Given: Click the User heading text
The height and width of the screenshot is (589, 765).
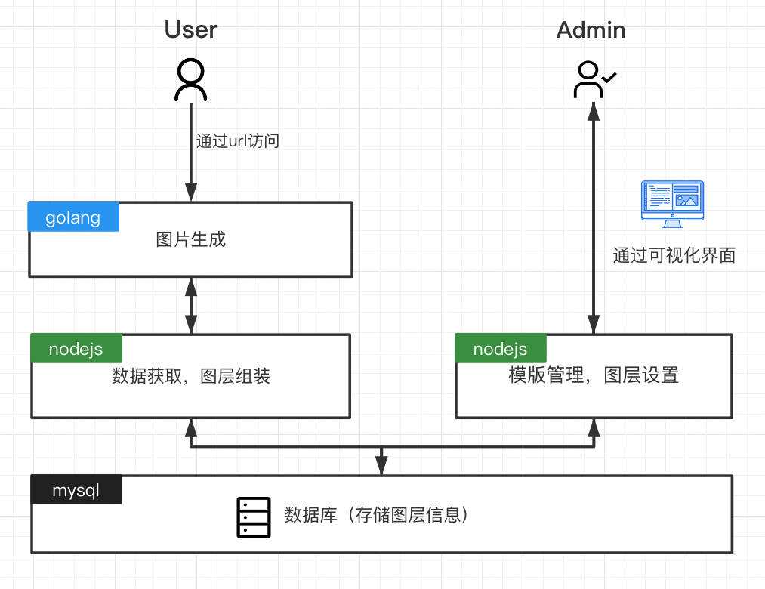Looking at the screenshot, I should click(x=191, y=29).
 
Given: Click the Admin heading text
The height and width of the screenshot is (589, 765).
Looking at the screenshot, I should click(x=591, y=29).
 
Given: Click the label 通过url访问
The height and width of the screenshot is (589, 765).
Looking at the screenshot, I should click(x=238, y=140).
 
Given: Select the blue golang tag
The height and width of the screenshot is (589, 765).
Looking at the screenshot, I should click(x=73, y=217).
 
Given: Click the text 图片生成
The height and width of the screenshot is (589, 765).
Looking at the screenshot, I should click(x=191, y=240).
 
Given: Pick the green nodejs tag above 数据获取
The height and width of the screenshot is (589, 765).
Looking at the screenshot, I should click(x=76, y=349).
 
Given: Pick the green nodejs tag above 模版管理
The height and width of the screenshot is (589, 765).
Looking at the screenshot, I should click(x=500, y=349).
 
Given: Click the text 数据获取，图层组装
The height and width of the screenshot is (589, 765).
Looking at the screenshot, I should click(x=191, y=376).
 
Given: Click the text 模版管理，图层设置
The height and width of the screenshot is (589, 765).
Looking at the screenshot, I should click(x=594, y=375).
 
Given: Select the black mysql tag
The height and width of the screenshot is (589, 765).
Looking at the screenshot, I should click(x=76, y=490).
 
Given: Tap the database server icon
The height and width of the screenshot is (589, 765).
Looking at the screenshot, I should click(x=253, y=517).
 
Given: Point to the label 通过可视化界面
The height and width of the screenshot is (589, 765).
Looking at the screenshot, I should click(x=674, y=255).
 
